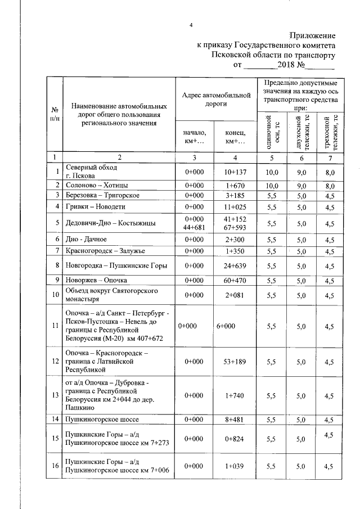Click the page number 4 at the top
click(x=191, y=25)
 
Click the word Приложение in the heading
click(x=312, y=35)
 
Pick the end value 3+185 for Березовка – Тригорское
click(x=233, y=195)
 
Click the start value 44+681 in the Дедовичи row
click(x=192, y=227)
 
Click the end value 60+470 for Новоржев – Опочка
click(x=233, y=280)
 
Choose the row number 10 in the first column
click(x=55, y=295)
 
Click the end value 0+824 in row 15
click(x=233, y=438)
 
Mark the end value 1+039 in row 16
click(x=233, y=466)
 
